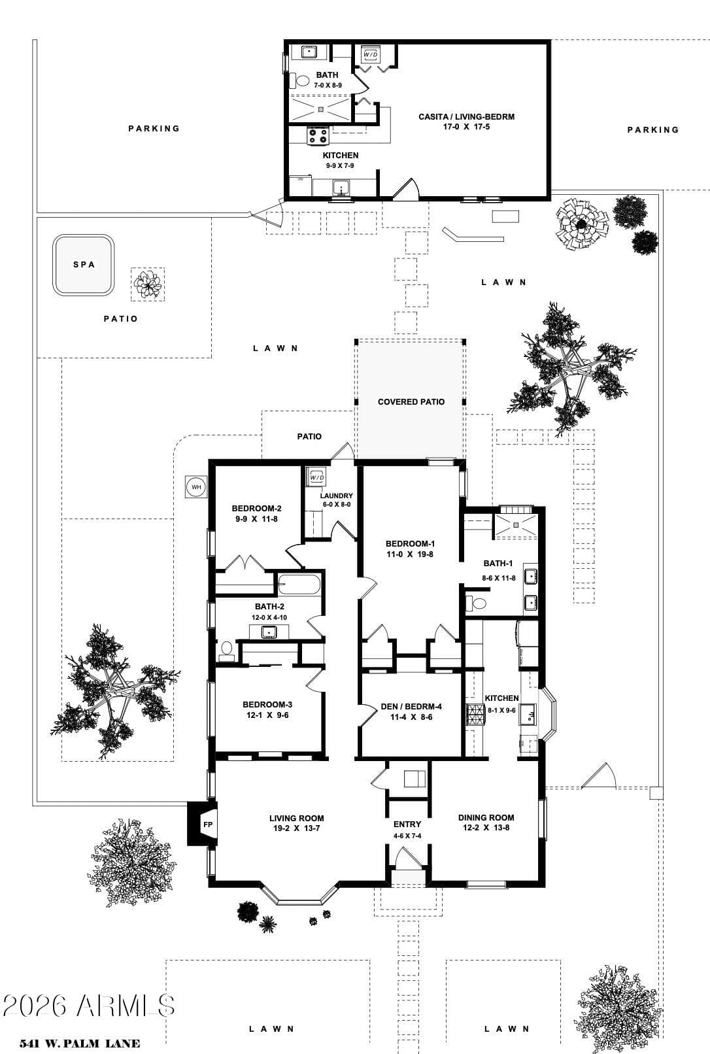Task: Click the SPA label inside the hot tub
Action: click(x=84, y=265)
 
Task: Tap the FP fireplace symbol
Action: click(x=208, y=824)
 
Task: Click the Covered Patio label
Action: click(x=411, y=402)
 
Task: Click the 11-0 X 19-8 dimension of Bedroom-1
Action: click(x=410, y=554)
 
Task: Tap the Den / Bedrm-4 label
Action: click(x=411, y=707)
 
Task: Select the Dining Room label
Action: click(x=486, y=817)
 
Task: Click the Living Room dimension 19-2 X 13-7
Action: click(x=296, y=828)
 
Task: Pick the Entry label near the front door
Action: click(x=407, y=824)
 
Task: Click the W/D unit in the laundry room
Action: click(x=317, y=477)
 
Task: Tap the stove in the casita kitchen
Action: click(x=318, y=136)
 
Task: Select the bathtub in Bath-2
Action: click(x=299, y=584)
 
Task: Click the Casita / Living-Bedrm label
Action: click(x=466, y=117)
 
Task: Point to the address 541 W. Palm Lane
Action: click(x=80, y=1044)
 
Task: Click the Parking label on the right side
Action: click(x=652, y=130)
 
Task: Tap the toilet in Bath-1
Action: click(x=479, y=602)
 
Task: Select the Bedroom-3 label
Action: click(x=267, y=704)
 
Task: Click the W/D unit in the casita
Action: click(x=370, y=54)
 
